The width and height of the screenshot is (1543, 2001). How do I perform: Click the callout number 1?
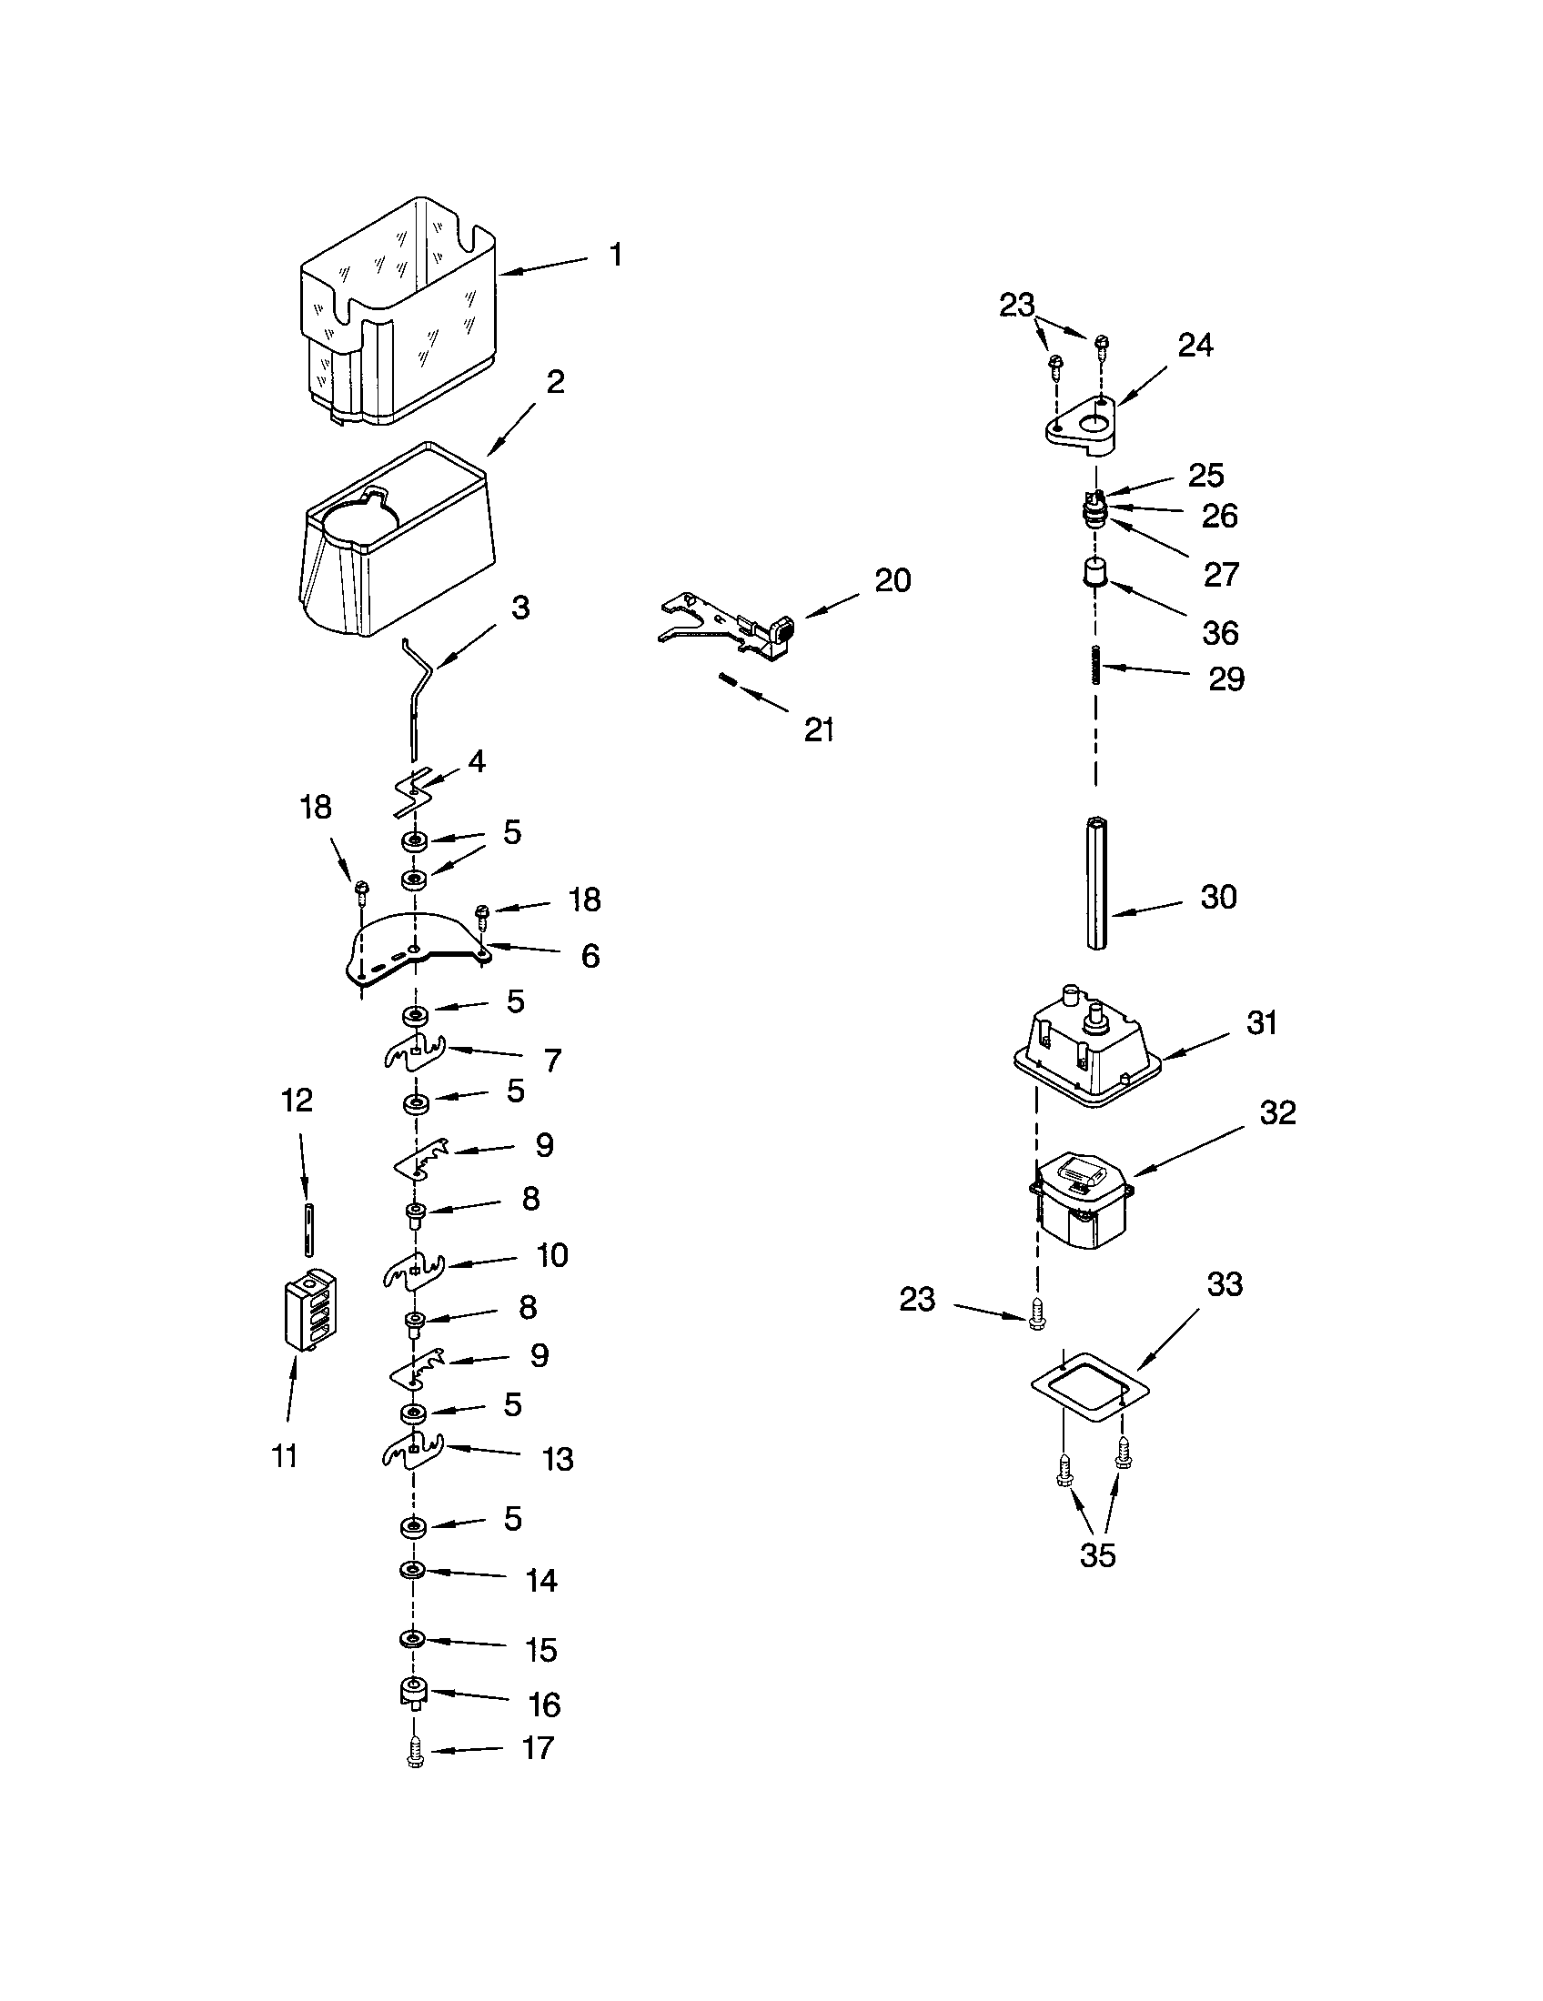coord(616,255)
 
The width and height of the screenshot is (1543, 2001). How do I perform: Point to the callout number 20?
coord(893,580)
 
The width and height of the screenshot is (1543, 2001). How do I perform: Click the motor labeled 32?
coord(1081,1201)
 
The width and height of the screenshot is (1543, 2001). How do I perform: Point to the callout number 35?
coord(1097,1554)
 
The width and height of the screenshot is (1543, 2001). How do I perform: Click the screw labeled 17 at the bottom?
coord(414,1753)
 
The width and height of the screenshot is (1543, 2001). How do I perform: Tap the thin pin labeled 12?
coord(308,1230)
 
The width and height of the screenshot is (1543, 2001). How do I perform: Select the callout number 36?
coord(1219,632)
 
